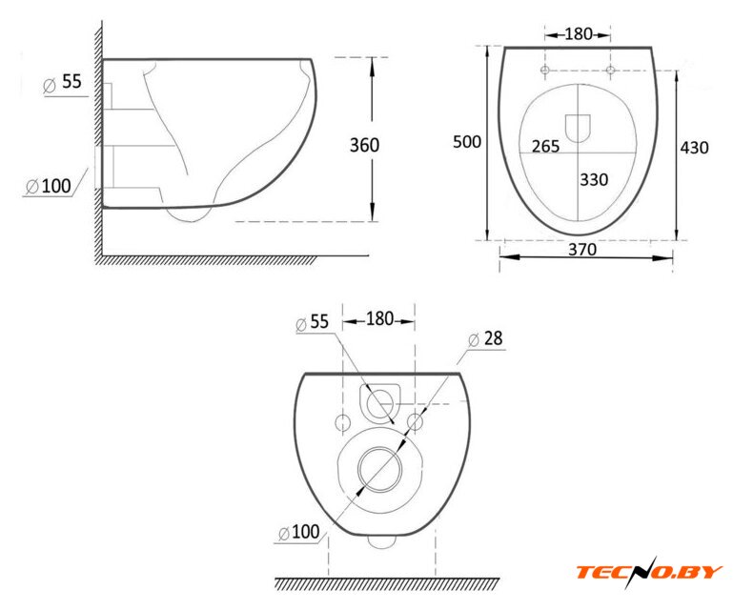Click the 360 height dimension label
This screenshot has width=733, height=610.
click(x=365, y=146)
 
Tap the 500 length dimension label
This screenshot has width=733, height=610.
click(x=467, y=142)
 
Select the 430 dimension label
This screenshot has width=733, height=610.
click(x=694, y=148)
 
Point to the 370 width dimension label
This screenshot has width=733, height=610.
click(x=582, y=249)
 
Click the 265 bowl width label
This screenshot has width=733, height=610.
click(x=546, y=147)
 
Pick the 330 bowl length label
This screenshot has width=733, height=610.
click(x=594, y=179)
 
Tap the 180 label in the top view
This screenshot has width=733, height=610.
click(x=579, y=34)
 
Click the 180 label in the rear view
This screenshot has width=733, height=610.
click(x=379, y=318)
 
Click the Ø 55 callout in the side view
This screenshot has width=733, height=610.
click(x=63, y=83)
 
